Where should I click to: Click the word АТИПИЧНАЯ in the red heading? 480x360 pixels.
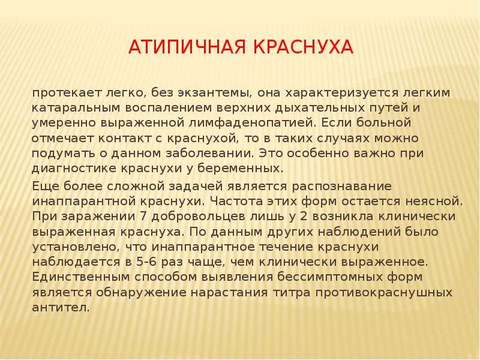pos(187,47)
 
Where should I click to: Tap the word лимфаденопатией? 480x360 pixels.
pos(252,123)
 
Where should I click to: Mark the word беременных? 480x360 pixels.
pos(241,169)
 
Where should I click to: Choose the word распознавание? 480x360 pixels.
pos(341,187)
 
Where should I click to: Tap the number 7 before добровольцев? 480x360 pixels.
pos(143,217)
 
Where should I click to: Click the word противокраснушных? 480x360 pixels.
pos(384,293)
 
